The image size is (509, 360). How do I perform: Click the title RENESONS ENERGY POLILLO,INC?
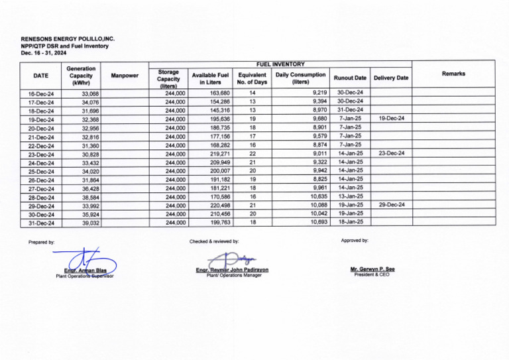[68, 39]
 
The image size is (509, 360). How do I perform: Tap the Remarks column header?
[453, 74]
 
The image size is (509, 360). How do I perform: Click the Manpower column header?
[125, 76]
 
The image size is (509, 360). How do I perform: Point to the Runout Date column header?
[350, 78]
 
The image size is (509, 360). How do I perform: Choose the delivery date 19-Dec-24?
[391, 119]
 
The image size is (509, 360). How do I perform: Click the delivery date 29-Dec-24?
[391, 205]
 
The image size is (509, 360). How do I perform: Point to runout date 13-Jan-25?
[349, 196]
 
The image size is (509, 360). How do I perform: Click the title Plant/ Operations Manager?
[234, 275]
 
